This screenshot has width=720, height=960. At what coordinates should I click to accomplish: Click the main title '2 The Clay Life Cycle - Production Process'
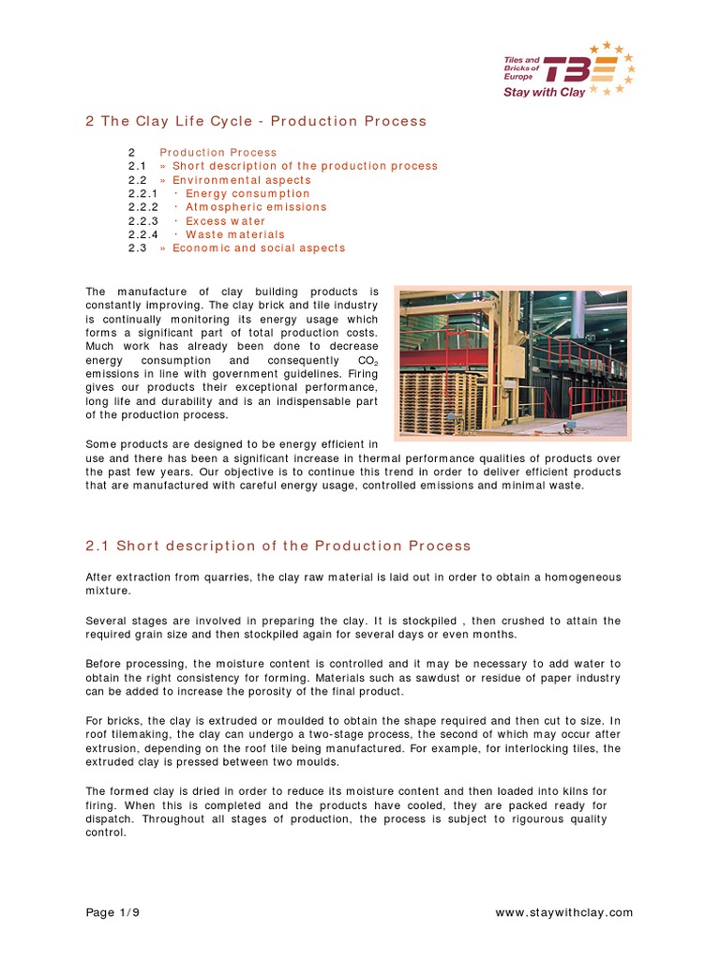[256, 121]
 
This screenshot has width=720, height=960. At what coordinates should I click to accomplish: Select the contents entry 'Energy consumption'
[247, 193]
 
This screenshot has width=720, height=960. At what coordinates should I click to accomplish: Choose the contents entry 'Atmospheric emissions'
[256, 207]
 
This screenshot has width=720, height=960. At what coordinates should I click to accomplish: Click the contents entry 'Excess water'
[225, 221]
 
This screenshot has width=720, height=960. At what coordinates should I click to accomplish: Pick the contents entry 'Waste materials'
[234, 234]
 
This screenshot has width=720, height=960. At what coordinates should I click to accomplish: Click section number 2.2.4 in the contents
[143, 234]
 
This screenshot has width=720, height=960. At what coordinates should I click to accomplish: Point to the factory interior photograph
[512, 363]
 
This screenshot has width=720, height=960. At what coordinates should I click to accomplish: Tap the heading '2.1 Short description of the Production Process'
[278, 546]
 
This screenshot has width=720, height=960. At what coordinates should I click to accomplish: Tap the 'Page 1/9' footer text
[113, 912]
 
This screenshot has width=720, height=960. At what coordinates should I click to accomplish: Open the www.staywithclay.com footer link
[562, 912]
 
